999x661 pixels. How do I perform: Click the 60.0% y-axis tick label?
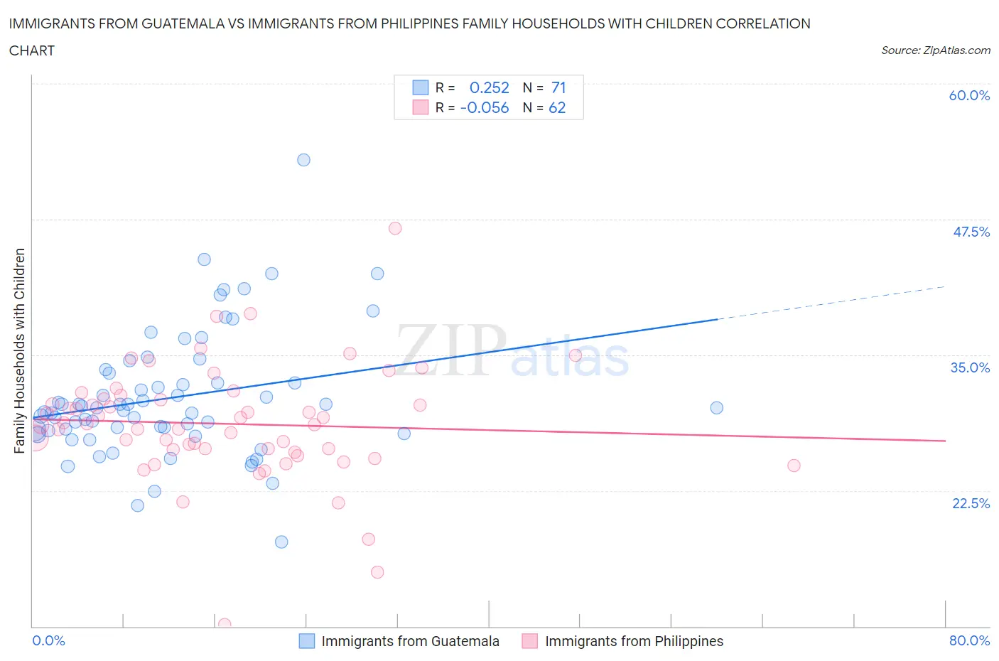pos(969,95)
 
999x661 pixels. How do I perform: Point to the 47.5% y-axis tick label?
pos(971,232)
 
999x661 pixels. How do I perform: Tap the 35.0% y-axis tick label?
pos(970,367)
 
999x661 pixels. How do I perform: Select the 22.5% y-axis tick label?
pos(971,503)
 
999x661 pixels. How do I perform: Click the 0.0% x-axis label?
pos(48,640)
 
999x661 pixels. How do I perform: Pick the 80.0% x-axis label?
pos(969,640)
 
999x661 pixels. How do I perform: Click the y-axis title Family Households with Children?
pos(20,350)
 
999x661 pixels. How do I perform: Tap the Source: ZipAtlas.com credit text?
pos(935,50)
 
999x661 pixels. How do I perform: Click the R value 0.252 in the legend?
pos(489,87)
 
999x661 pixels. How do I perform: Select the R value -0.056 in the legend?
pos(485,107)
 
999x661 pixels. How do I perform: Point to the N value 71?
pos(558,87)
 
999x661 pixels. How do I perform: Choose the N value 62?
pos(557,107)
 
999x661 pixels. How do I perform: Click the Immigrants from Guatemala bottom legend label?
pos(410,641)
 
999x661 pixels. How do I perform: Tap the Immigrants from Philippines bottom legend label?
pos(634,641)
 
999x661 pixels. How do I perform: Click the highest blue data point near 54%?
pos(303,160)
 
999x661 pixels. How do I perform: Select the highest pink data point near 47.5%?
pos(395,228)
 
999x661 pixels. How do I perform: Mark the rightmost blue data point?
pos(717,408)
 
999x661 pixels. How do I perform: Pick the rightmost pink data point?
pos(794,466)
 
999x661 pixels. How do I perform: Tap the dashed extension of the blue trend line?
pos(831,303)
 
